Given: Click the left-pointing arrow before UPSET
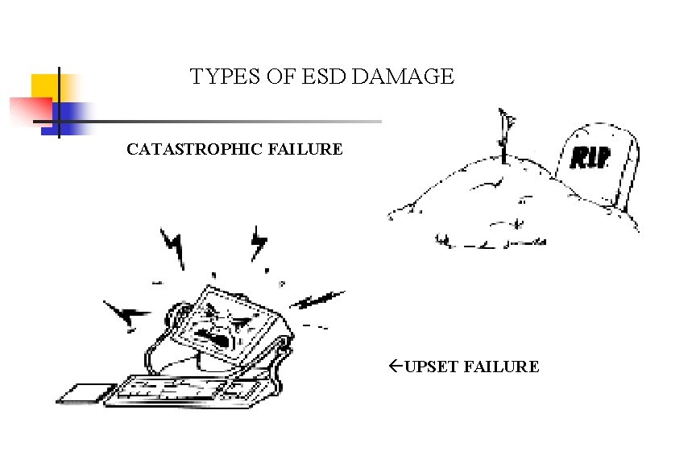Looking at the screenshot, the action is coord(395,367).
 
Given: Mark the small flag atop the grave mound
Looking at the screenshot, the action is coord(506,123).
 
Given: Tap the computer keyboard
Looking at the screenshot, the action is coord(185,390).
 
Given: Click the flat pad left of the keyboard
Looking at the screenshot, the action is coord(81,392).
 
